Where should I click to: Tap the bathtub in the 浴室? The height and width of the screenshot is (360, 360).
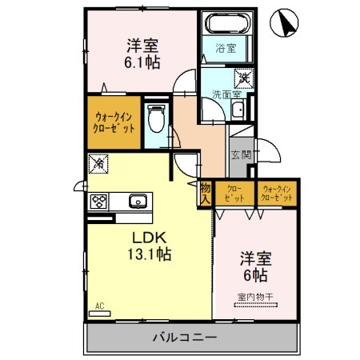[x=227, y=23]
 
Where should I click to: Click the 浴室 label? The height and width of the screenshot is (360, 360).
[x=226, y=48]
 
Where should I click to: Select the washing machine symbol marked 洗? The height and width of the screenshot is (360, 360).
[x=244, y=78]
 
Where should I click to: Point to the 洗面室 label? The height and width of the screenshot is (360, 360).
[x=227, y=94]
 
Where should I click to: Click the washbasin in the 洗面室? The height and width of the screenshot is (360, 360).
[x=238, y=110]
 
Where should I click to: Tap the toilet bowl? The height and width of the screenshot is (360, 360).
[x=156, y=118]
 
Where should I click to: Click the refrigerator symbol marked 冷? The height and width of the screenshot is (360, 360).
[x=98, y=163]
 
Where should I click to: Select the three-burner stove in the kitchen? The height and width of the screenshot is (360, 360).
[x=98, y=201]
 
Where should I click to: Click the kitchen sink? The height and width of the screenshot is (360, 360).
[x=138, y=201]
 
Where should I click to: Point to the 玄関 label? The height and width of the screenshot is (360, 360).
[x=242, y=154]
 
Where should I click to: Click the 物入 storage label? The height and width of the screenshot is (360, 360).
[x=206, y=194]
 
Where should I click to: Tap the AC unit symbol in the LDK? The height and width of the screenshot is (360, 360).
[x=99, y=314]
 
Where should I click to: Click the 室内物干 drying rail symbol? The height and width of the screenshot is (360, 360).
[x=256, y=305]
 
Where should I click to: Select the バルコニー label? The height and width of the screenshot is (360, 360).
[x=185, y=338]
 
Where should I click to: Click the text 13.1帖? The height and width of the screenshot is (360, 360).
[x=150, y=254]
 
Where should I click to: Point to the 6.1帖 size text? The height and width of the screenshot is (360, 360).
[x=142, y=62]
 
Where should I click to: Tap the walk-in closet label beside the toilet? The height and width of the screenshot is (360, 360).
[x=114, y=122]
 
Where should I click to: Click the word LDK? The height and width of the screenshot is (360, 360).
[x=150, y=238]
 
